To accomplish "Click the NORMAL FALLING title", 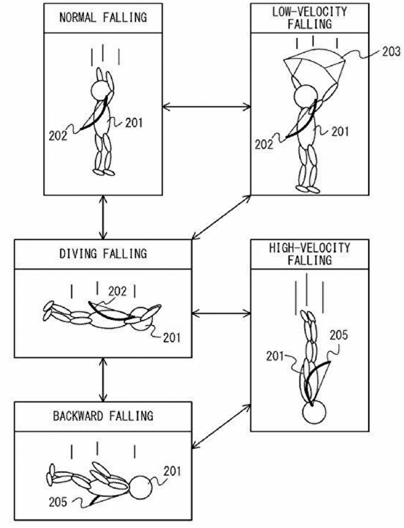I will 103,17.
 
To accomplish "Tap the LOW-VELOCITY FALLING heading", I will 309,17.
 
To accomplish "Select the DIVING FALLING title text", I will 103,254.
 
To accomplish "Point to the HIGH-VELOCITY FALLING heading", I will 309,254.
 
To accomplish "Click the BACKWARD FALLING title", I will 103,416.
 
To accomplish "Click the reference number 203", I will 391,51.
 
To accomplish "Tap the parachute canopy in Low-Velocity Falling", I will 314,64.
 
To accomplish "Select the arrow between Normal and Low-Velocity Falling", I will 206,107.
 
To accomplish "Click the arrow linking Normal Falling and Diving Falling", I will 103,217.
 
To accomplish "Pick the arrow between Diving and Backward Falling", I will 103,379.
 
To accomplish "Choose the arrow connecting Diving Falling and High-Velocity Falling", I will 221,313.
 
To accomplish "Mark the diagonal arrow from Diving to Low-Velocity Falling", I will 221,217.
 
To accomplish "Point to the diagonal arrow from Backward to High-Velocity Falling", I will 221,425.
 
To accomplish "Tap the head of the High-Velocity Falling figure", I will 314,412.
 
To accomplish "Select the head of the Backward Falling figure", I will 140,488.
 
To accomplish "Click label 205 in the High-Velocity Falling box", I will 339,335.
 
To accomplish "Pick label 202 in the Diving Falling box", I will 117,291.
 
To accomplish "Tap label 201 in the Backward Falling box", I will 172,471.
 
